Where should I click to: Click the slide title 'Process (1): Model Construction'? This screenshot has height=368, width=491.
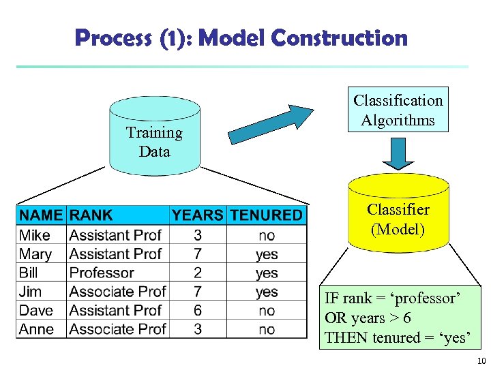(241, 38)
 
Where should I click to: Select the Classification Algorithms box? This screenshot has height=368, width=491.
(398, 110)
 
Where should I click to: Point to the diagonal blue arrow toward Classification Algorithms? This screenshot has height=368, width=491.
(270, 123)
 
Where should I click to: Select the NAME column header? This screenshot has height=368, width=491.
(41, 215)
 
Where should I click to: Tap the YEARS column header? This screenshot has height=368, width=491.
(197, 215)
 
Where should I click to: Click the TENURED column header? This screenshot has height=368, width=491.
(266, 215)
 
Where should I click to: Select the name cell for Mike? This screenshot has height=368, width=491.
(35, 235)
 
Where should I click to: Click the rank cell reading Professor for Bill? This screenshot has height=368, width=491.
(102, 273)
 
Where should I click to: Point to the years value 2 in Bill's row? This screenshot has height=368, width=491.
(197, 273)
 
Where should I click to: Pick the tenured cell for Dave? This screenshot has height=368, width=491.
(267, 310)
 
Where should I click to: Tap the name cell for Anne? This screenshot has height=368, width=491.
(37, 329)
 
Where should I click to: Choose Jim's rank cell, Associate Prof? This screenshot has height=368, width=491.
(117, 292)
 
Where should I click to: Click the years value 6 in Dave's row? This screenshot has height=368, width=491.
(197, 310)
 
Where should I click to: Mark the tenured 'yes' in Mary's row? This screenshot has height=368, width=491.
(267, 254)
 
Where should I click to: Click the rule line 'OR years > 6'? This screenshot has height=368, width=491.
(368, 318)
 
